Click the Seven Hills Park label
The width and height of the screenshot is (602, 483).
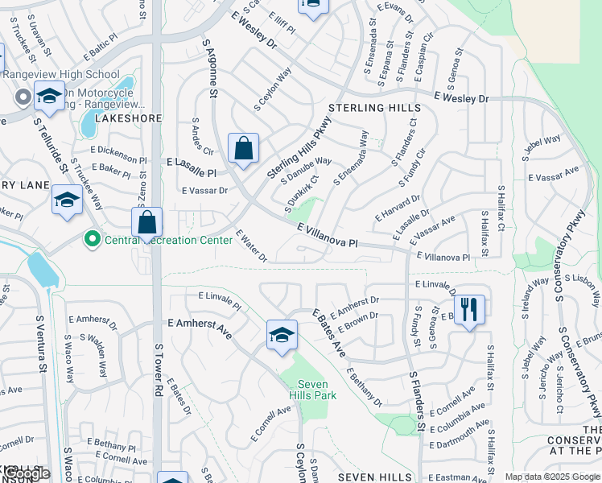tap(313, 390)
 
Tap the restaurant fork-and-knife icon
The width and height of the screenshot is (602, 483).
tap(469, 308)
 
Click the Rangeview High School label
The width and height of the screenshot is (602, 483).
tap(61, 74)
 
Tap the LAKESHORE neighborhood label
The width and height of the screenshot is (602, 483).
tap(129, 118)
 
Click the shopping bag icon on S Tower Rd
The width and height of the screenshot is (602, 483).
tap(147, 222)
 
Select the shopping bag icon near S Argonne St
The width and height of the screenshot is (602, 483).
tap(243, 148)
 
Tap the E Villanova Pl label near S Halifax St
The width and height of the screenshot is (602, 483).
tap(443, 257)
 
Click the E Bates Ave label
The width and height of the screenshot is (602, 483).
tap(328, 332)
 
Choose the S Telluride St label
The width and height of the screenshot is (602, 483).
tap(49, 142)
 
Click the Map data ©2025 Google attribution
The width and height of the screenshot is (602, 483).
tap(552, 477)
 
